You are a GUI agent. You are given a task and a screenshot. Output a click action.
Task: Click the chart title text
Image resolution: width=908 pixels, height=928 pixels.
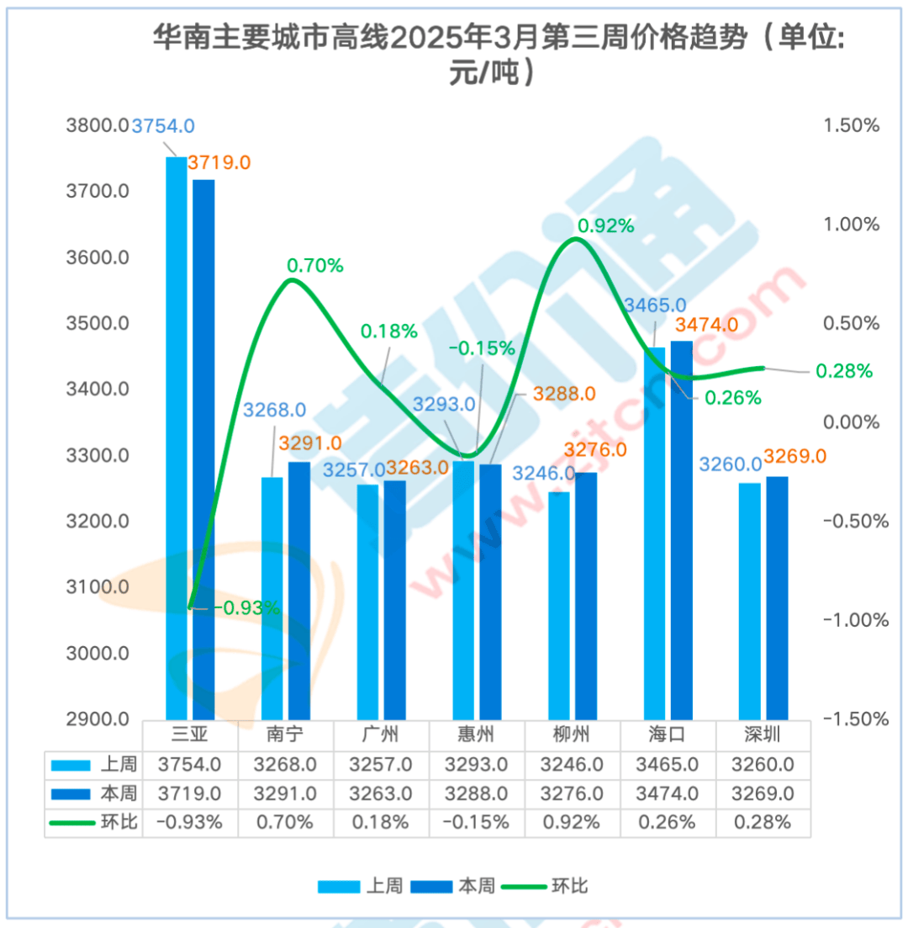496,52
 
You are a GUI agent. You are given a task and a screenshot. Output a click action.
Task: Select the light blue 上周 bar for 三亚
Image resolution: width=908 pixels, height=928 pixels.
176,437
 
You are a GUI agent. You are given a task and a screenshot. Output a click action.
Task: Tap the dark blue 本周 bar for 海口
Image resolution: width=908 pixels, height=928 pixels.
681,530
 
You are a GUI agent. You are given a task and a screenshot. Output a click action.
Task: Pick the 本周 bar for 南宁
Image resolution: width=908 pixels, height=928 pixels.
299,589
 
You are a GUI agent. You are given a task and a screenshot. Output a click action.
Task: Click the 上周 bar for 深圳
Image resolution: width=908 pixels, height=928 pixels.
750,601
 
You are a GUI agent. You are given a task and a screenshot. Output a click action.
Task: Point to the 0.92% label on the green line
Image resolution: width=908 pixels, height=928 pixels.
604,225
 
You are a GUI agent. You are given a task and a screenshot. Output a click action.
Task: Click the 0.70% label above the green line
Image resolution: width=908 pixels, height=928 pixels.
315,266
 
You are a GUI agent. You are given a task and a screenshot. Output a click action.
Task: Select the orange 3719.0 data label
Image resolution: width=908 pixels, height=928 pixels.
219,162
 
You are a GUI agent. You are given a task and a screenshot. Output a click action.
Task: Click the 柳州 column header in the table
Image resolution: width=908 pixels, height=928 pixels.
573,735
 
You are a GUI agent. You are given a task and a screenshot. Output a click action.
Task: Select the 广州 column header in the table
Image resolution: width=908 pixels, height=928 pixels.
381,735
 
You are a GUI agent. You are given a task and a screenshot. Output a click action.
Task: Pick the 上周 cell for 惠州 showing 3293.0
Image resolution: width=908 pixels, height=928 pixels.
477,765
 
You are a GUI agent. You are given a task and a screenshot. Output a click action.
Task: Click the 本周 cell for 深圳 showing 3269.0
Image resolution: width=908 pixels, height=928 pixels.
763,793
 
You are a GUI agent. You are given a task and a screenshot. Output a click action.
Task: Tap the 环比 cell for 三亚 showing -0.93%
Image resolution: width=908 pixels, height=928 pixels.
190,822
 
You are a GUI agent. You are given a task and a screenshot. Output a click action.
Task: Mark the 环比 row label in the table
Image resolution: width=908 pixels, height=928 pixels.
119,822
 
